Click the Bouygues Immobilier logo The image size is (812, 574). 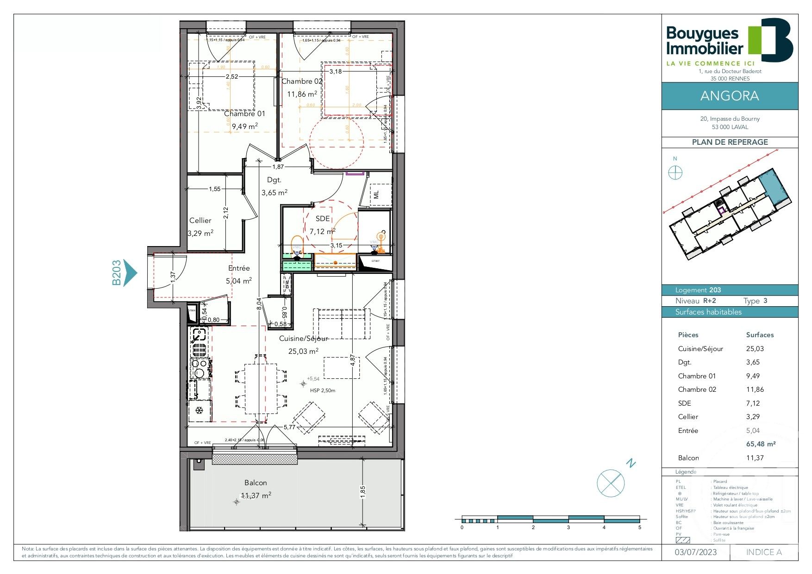[729, 42]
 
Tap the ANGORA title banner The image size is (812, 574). [730, 96]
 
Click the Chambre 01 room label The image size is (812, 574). [244, 114]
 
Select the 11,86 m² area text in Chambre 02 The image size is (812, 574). [302, 94]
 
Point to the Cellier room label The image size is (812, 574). [200, 221]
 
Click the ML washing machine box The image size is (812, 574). [377, 195]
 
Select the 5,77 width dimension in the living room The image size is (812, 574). [289, 427]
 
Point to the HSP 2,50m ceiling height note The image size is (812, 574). [323, 390]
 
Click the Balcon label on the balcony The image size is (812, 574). [256, 482]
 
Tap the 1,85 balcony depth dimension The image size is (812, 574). [363, 491]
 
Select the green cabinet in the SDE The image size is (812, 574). [297, 265]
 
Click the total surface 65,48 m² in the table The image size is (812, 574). [761, 444]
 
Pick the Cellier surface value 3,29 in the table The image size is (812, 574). [753, 417]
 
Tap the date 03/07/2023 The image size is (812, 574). [695, 552]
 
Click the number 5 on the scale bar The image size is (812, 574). [640, 527]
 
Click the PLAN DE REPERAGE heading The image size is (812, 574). [730, 142]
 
